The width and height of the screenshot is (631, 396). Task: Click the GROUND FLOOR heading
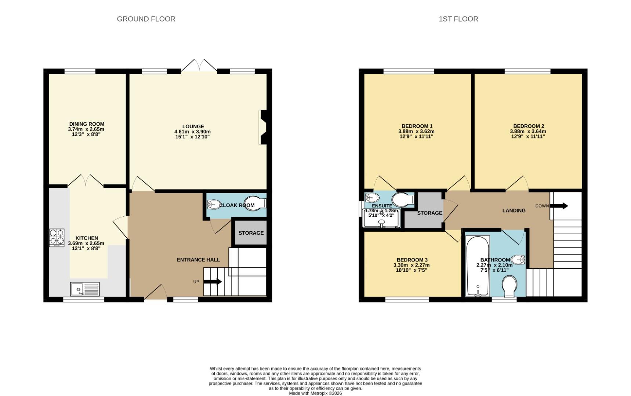146,19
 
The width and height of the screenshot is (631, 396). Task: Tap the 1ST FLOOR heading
458,19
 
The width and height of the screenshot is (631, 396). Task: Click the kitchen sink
85,289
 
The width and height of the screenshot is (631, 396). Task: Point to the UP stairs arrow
213,282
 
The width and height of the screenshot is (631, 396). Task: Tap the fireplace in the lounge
263,127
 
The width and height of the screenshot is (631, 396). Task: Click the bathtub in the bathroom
477,266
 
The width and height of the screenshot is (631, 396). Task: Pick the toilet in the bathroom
509,287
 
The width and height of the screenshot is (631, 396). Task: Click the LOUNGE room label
193,126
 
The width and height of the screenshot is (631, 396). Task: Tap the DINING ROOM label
87,124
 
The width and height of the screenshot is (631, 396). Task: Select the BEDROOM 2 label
528,126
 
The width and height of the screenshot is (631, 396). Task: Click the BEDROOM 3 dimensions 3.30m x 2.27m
411,265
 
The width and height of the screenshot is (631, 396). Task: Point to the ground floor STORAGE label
251,233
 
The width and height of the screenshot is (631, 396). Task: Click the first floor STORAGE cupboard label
429,213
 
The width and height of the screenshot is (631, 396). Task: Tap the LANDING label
514,210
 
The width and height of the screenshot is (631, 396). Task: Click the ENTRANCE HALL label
198,260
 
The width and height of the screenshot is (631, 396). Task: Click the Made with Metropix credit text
315,393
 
